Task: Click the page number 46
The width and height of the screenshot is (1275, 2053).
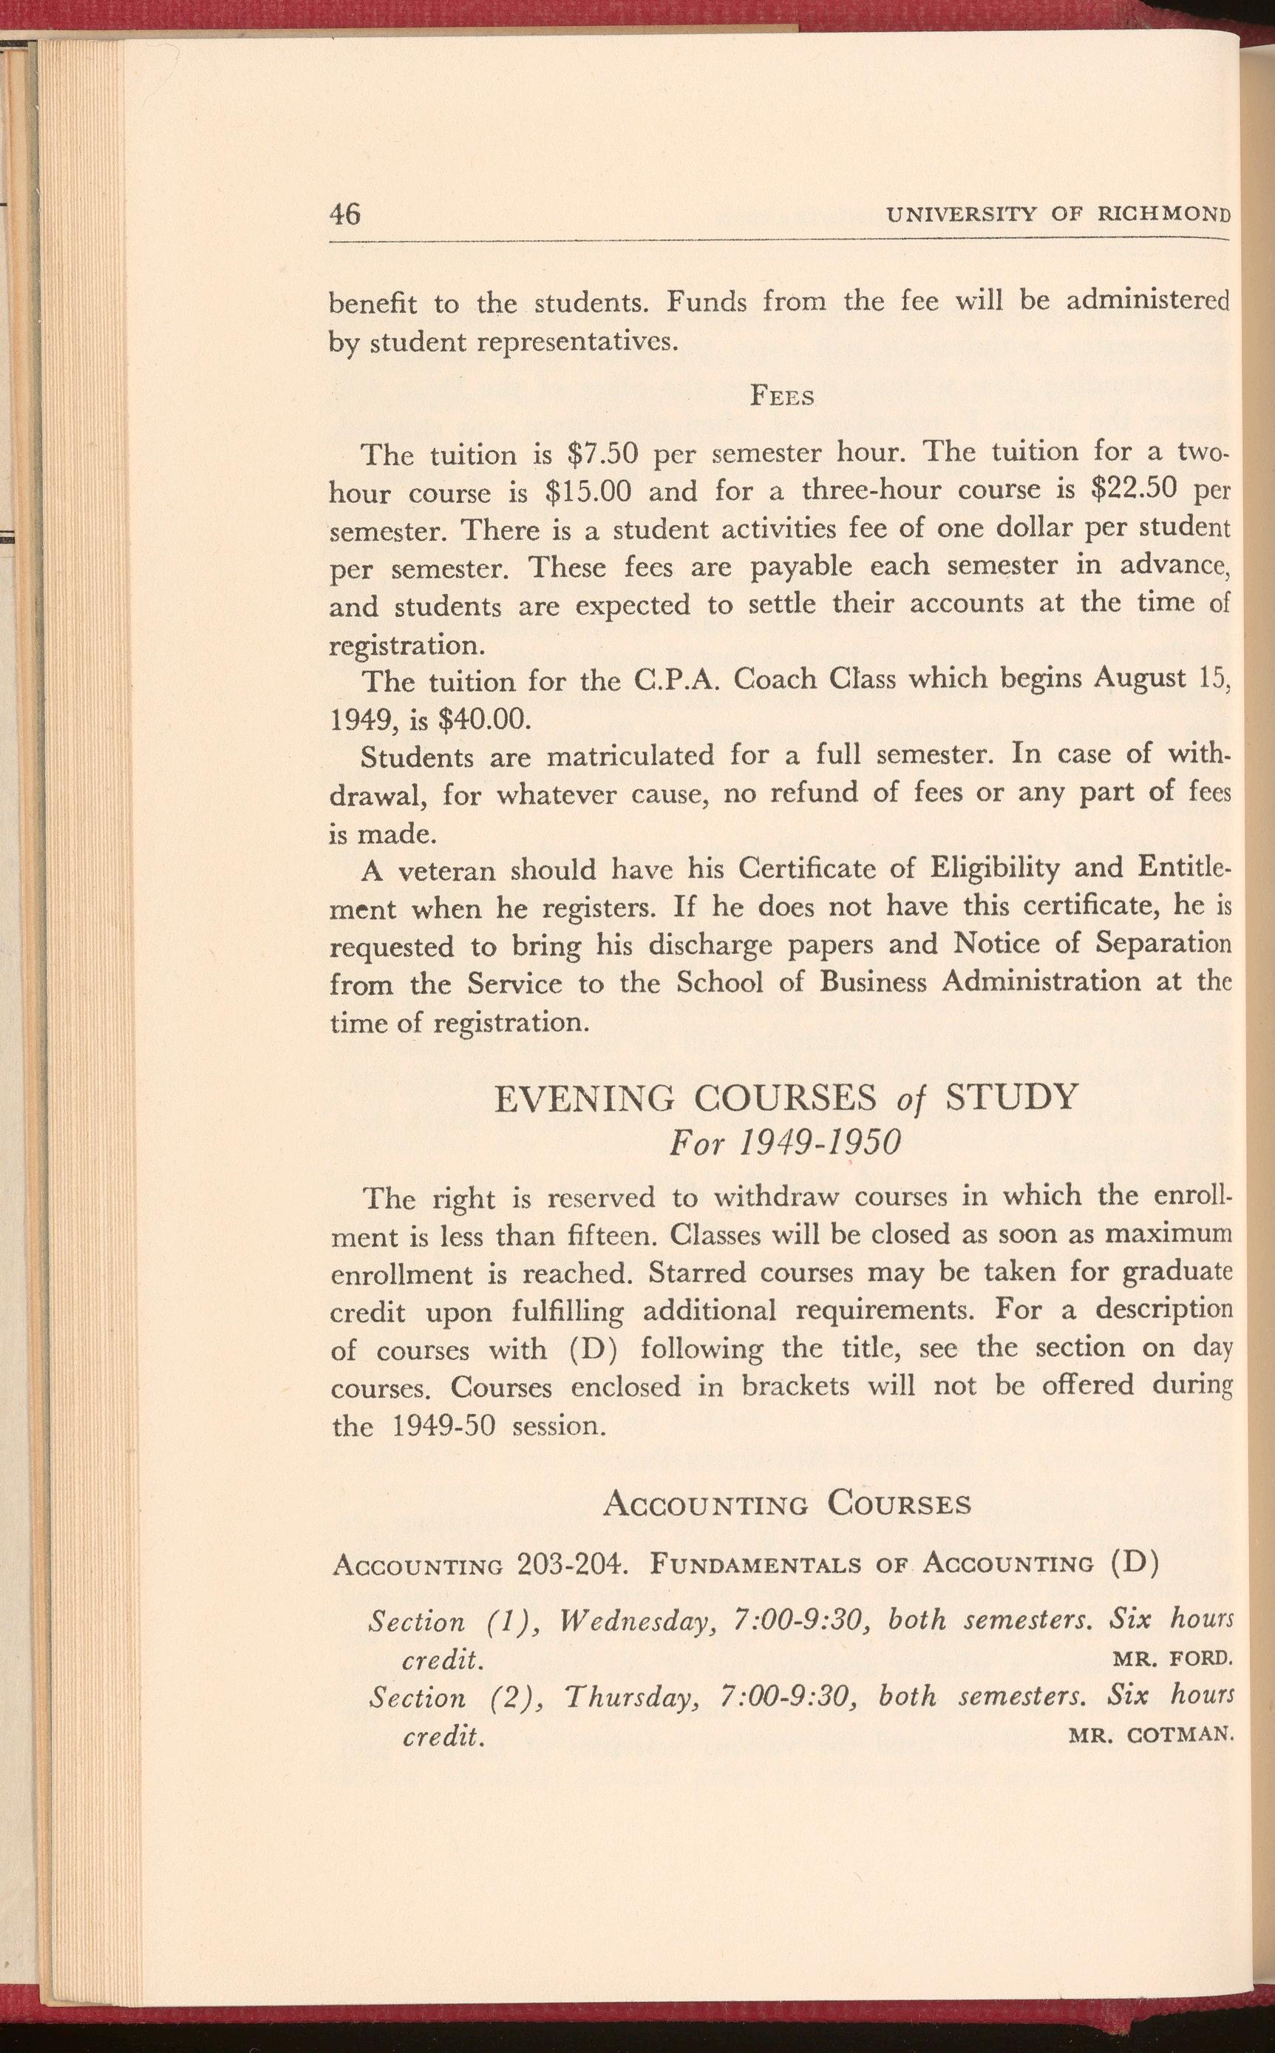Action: pyautogui.click(x=345, y=214)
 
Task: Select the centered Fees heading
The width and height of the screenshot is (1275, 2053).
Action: pyautogui.click(x=782, y=397)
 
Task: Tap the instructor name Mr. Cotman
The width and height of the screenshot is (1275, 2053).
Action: pyautogui.click(x=1151, y=1735)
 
